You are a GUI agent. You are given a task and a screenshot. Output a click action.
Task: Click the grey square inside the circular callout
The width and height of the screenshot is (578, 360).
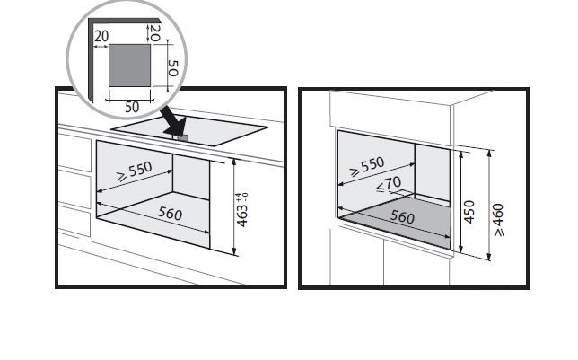[x=130, y=66]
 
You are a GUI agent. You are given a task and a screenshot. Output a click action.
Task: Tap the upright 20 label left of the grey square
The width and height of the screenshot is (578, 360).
[x=101, y=36]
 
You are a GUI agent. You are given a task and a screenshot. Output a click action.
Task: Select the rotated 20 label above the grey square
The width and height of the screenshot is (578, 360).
[x=155, y=33]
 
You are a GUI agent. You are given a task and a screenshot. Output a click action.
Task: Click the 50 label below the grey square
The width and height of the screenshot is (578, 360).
[x=132, y=107]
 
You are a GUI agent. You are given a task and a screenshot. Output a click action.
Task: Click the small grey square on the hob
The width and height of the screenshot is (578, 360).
[x=183, y=138]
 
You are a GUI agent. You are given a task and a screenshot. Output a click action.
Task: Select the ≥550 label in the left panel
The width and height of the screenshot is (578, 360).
[x=135, y=171]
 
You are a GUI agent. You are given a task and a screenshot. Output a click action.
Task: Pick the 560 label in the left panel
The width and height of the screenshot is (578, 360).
[x=170, y=213]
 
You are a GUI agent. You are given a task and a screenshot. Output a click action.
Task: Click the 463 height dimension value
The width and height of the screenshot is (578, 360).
[x=241, y=215]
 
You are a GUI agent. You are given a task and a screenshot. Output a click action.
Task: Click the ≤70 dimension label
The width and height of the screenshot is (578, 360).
[x=389, y=184]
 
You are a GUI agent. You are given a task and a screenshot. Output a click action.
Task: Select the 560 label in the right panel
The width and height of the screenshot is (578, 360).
[x=402, y=217]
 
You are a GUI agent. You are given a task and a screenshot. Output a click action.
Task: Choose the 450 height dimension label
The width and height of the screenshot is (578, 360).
[x=469, y=212]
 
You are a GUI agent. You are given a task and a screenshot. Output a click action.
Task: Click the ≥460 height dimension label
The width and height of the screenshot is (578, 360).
[x=498, y=220]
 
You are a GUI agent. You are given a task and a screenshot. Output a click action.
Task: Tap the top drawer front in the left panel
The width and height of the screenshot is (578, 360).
[x=74, y=153]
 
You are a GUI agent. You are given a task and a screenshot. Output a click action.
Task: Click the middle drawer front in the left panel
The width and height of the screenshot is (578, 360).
[x=74, y=189]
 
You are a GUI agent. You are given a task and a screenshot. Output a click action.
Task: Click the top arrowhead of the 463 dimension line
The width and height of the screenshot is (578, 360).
[x=234, y=162]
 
